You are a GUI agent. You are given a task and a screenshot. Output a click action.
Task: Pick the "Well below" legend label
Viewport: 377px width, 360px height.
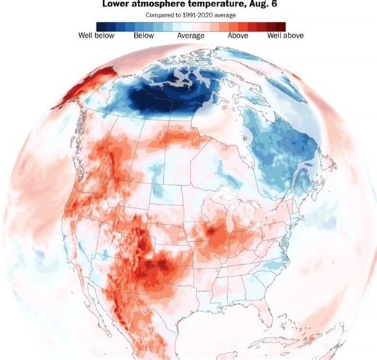[96, 35]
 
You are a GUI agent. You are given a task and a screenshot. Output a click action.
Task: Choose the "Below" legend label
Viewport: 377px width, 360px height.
[144, 35]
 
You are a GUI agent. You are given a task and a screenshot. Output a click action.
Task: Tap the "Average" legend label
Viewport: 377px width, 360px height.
[191, 35]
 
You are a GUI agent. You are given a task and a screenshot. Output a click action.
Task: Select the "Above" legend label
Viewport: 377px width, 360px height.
[239, 35]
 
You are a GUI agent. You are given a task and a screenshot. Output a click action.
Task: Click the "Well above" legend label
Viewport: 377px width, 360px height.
[285, 35]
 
